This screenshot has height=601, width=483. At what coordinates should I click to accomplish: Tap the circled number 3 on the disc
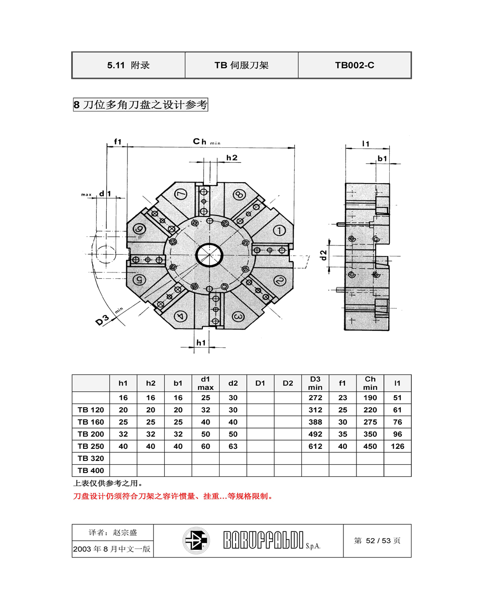(x=238, y=317)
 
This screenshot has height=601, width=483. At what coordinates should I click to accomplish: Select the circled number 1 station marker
(x=279, y=230)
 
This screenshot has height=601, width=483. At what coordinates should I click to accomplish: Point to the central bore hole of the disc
(x=209, y=255)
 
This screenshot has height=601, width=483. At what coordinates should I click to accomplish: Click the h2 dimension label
(x=232, y=158)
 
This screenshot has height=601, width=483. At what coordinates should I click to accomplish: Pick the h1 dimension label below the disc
(x=201, y=343)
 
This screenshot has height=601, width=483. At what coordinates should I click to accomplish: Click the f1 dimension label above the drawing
(x=117, y=142)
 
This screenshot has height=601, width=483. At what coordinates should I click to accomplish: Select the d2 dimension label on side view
(x=323, y=255)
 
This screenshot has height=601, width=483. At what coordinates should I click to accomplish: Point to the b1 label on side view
(x=382, y=158)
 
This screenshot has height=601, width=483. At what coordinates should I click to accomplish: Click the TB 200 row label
(x=91, y=434)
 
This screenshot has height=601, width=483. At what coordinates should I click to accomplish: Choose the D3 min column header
(x=315, y=383)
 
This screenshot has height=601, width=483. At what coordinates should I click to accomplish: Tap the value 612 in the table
(x=315, y=446)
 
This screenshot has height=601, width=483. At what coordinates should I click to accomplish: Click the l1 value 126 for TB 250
(x=398, y=446)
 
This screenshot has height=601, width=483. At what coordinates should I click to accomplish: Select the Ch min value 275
(x=370, y=422)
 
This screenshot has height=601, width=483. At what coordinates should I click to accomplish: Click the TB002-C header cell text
(x=355, y=65)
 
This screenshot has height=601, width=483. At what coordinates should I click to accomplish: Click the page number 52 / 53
(x=378, y=541)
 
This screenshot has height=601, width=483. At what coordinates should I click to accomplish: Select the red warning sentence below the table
(x=173, y=496)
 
